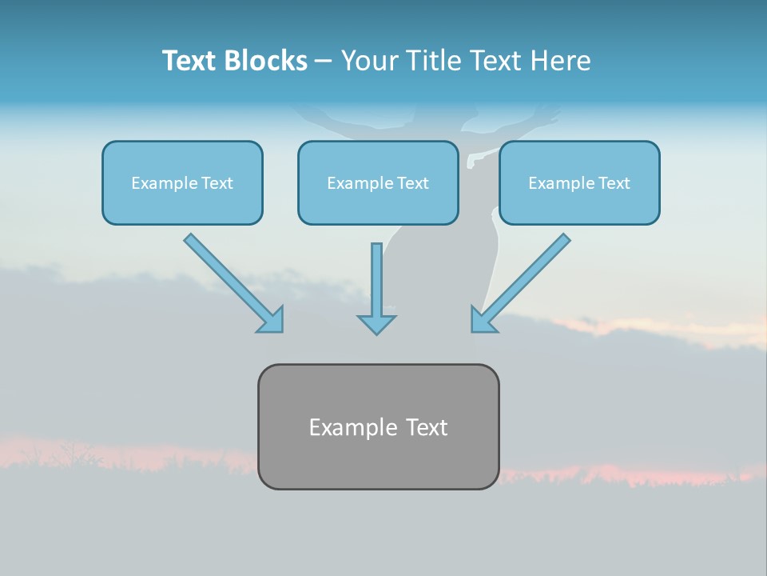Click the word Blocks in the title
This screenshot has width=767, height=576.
[x=265, y=61]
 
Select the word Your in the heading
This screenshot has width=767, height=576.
[x=371, y=61]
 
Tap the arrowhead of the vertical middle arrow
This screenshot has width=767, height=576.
[x=376, y=323]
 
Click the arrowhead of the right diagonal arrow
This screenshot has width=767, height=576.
[x=484, y=319]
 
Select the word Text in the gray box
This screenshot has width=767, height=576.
[x=427, y=427]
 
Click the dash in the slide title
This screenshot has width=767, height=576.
[x=323, y=61]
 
